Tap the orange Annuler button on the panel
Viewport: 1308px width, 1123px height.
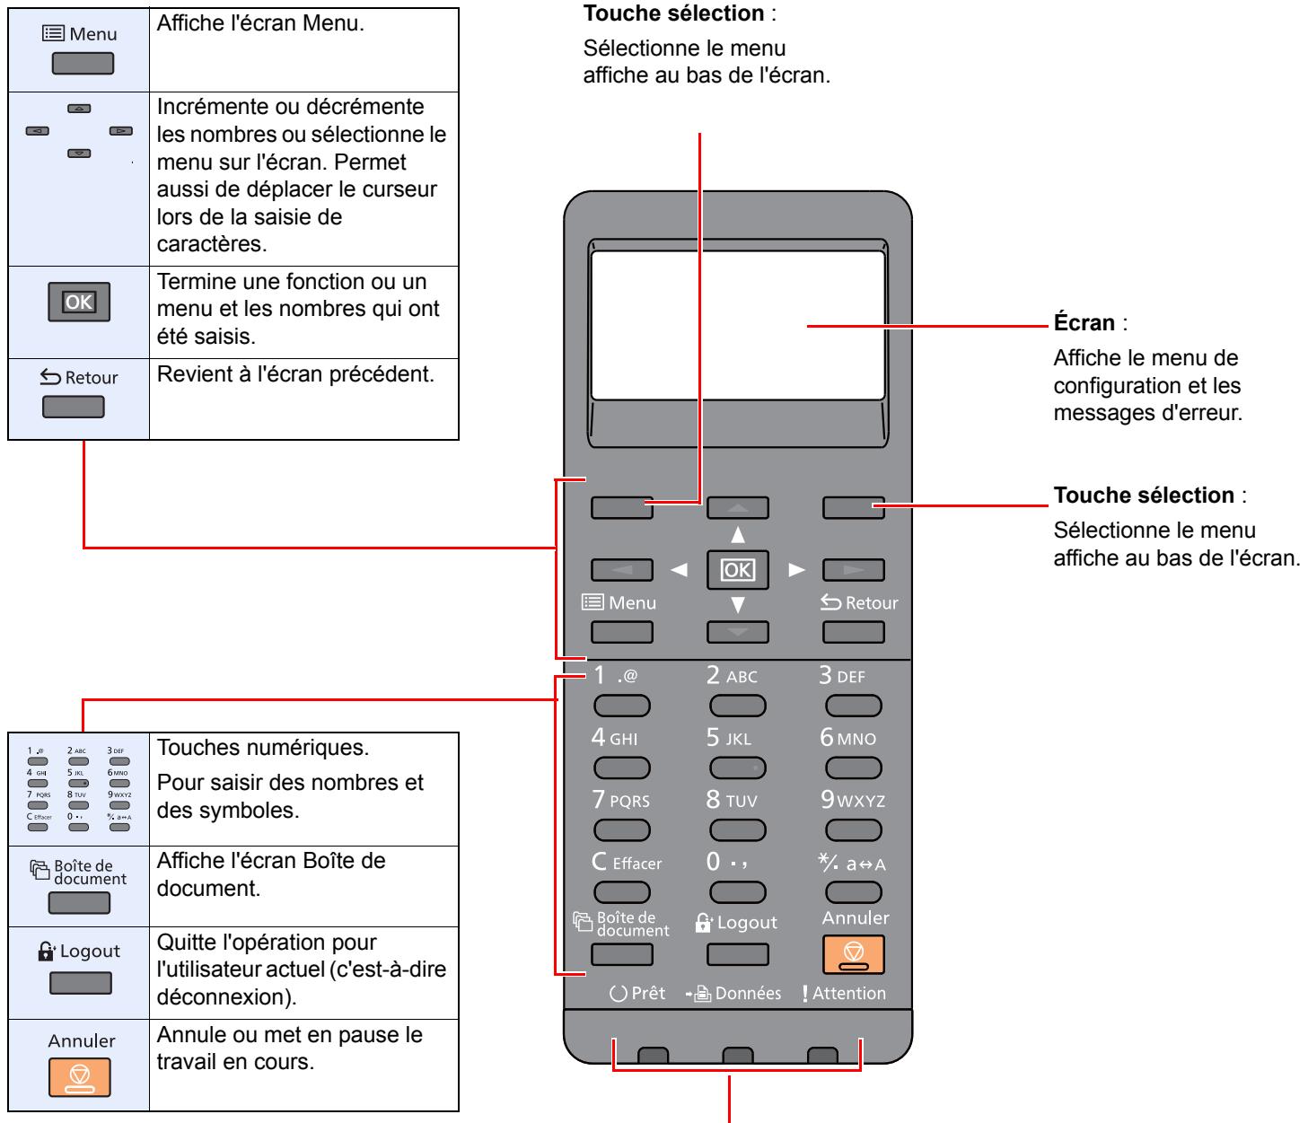pos(854,955)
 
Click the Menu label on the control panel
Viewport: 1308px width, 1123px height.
pos(622,603)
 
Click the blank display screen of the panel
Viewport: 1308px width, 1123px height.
pos(739,327)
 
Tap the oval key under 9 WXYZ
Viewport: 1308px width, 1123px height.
pos(854,831)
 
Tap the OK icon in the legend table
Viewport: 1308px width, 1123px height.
pos(79,302)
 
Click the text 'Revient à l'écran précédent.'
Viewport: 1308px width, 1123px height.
pos(295,374)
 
